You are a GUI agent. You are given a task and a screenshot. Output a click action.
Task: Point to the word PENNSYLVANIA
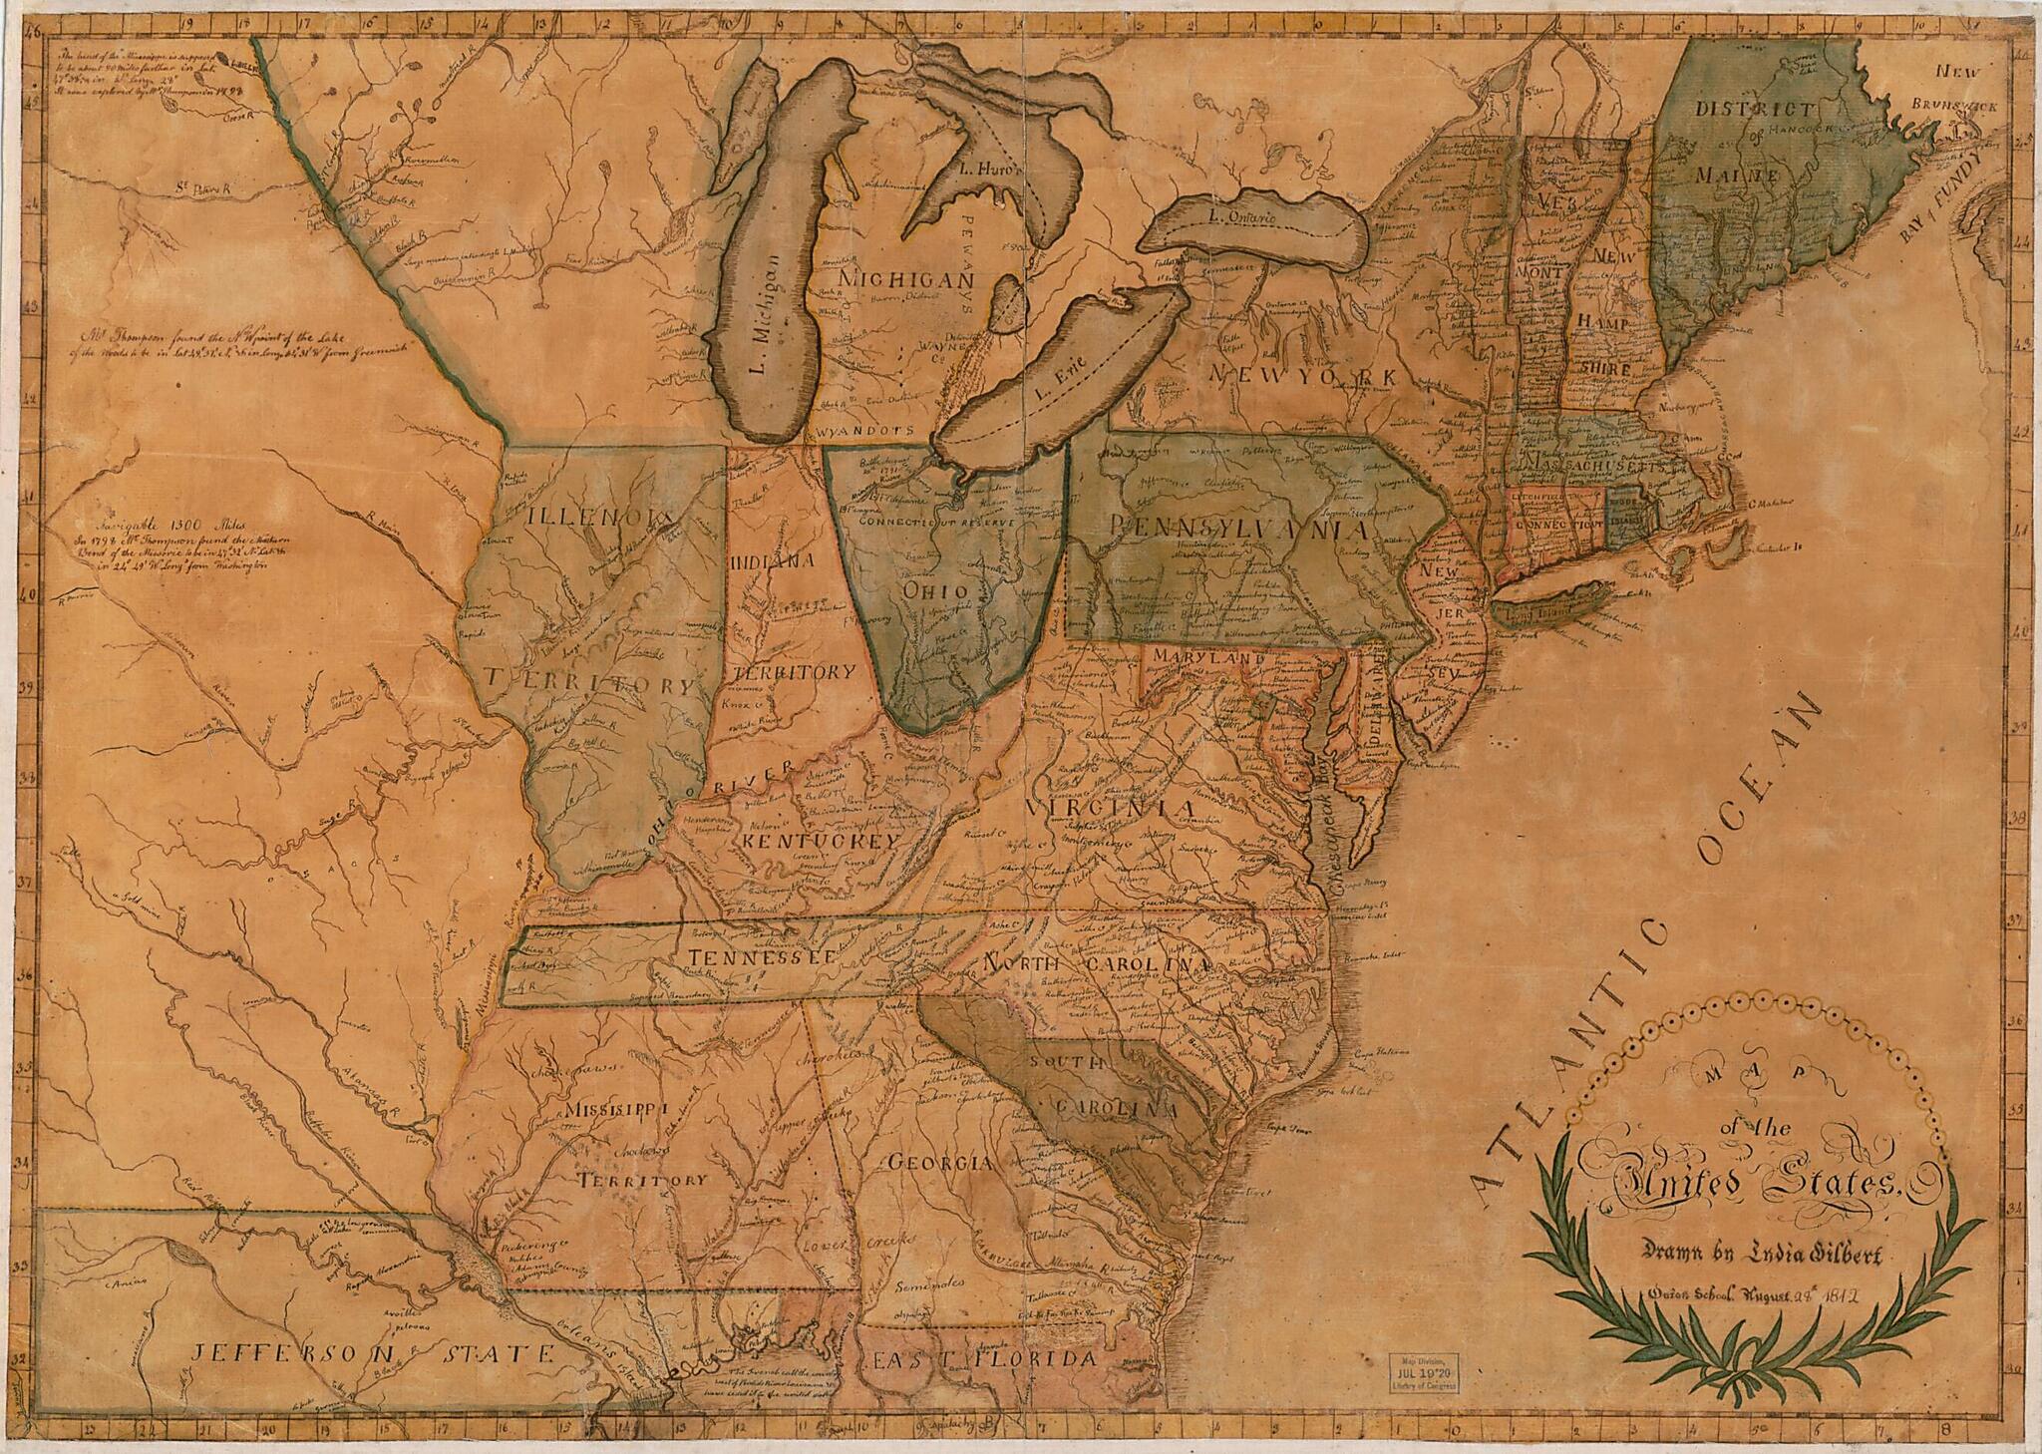click(1234, 526)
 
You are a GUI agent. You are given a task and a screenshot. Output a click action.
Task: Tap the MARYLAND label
click(1207, 659)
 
